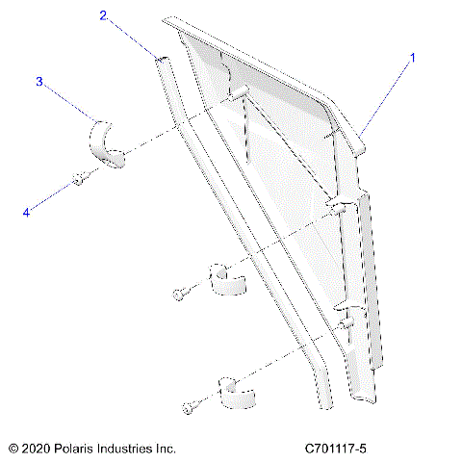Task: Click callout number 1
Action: pyautogui.click(x=413, y=58)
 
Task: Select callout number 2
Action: pyautogui.click(x=103, y=15)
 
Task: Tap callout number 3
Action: pyautogui.click(x=39, y=82)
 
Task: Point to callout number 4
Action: pyautogui.click(x=26, y=214)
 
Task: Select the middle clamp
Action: pyautogui.click(x=227, y=279)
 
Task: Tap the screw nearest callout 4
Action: pyautogui.click(x=80, y=178)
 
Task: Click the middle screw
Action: pyautogui.click(x=180, y=293)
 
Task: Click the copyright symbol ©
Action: pyautogui.click(x=13, y=449)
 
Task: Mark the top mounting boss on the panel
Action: pyautogui.click(x=240, y=92)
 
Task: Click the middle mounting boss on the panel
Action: pyautogui.click(x=340, y=204)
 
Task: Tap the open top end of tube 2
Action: pyautogui.click(x=163, y=61)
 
